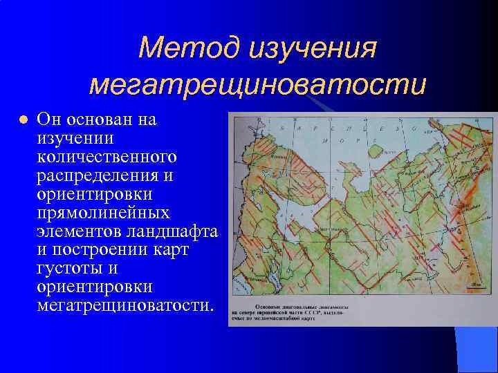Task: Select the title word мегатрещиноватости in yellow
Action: click(257, 84)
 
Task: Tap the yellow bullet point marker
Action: click(23, 119)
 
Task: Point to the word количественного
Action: click(107, 156)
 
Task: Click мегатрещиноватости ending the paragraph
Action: click(124, 305)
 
